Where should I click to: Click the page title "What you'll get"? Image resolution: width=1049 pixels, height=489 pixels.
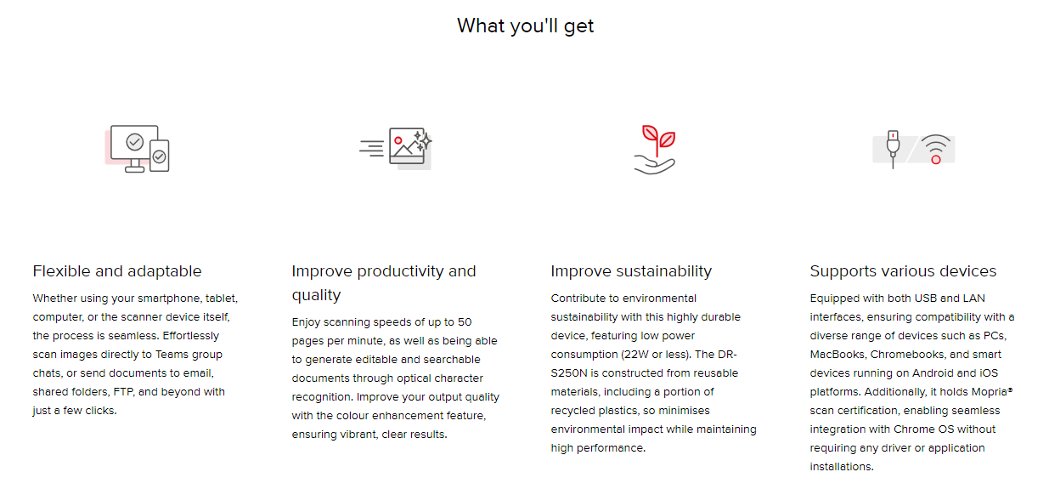pyautogui.click(x=525, y=26)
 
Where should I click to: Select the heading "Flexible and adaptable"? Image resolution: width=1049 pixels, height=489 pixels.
pyautogui.click(x=117, y=271)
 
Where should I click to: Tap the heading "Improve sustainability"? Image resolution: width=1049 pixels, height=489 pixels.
pyautogui.click(x=631, y=271)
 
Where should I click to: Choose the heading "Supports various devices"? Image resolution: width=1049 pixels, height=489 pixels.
pyautogui.click(x=903, y=271)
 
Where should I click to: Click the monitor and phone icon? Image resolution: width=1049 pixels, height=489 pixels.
pyautogui.click(x=138, y=149)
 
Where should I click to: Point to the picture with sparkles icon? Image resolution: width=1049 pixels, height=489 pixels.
pyautogui.click(x=396, y=148)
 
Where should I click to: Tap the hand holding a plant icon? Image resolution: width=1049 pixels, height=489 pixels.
pyautogui.click(x=655, y=150)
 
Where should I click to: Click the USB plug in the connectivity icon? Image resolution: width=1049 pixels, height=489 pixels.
pyautogui.click(x=893, y=149)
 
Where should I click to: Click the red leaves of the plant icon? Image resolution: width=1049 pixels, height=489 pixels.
pyautogui.click(x=658, y=136)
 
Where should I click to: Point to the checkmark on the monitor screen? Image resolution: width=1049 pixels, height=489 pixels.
pyautogui.click(x=135, y=141)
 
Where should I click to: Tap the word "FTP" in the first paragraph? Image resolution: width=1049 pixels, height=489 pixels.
pyautogui.click(x=123, y=392)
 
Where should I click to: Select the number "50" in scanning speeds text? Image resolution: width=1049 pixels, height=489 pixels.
pyautogui.click(x=465, y=322)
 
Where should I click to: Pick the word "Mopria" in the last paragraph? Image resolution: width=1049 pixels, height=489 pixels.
pyautogui.click(x=989, y=392)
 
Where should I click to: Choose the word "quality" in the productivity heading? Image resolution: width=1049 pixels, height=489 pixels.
pyautogui.click(x=316, y=295)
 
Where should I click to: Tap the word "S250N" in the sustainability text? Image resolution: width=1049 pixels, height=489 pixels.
pyautogui.click(x=569, y=373)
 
